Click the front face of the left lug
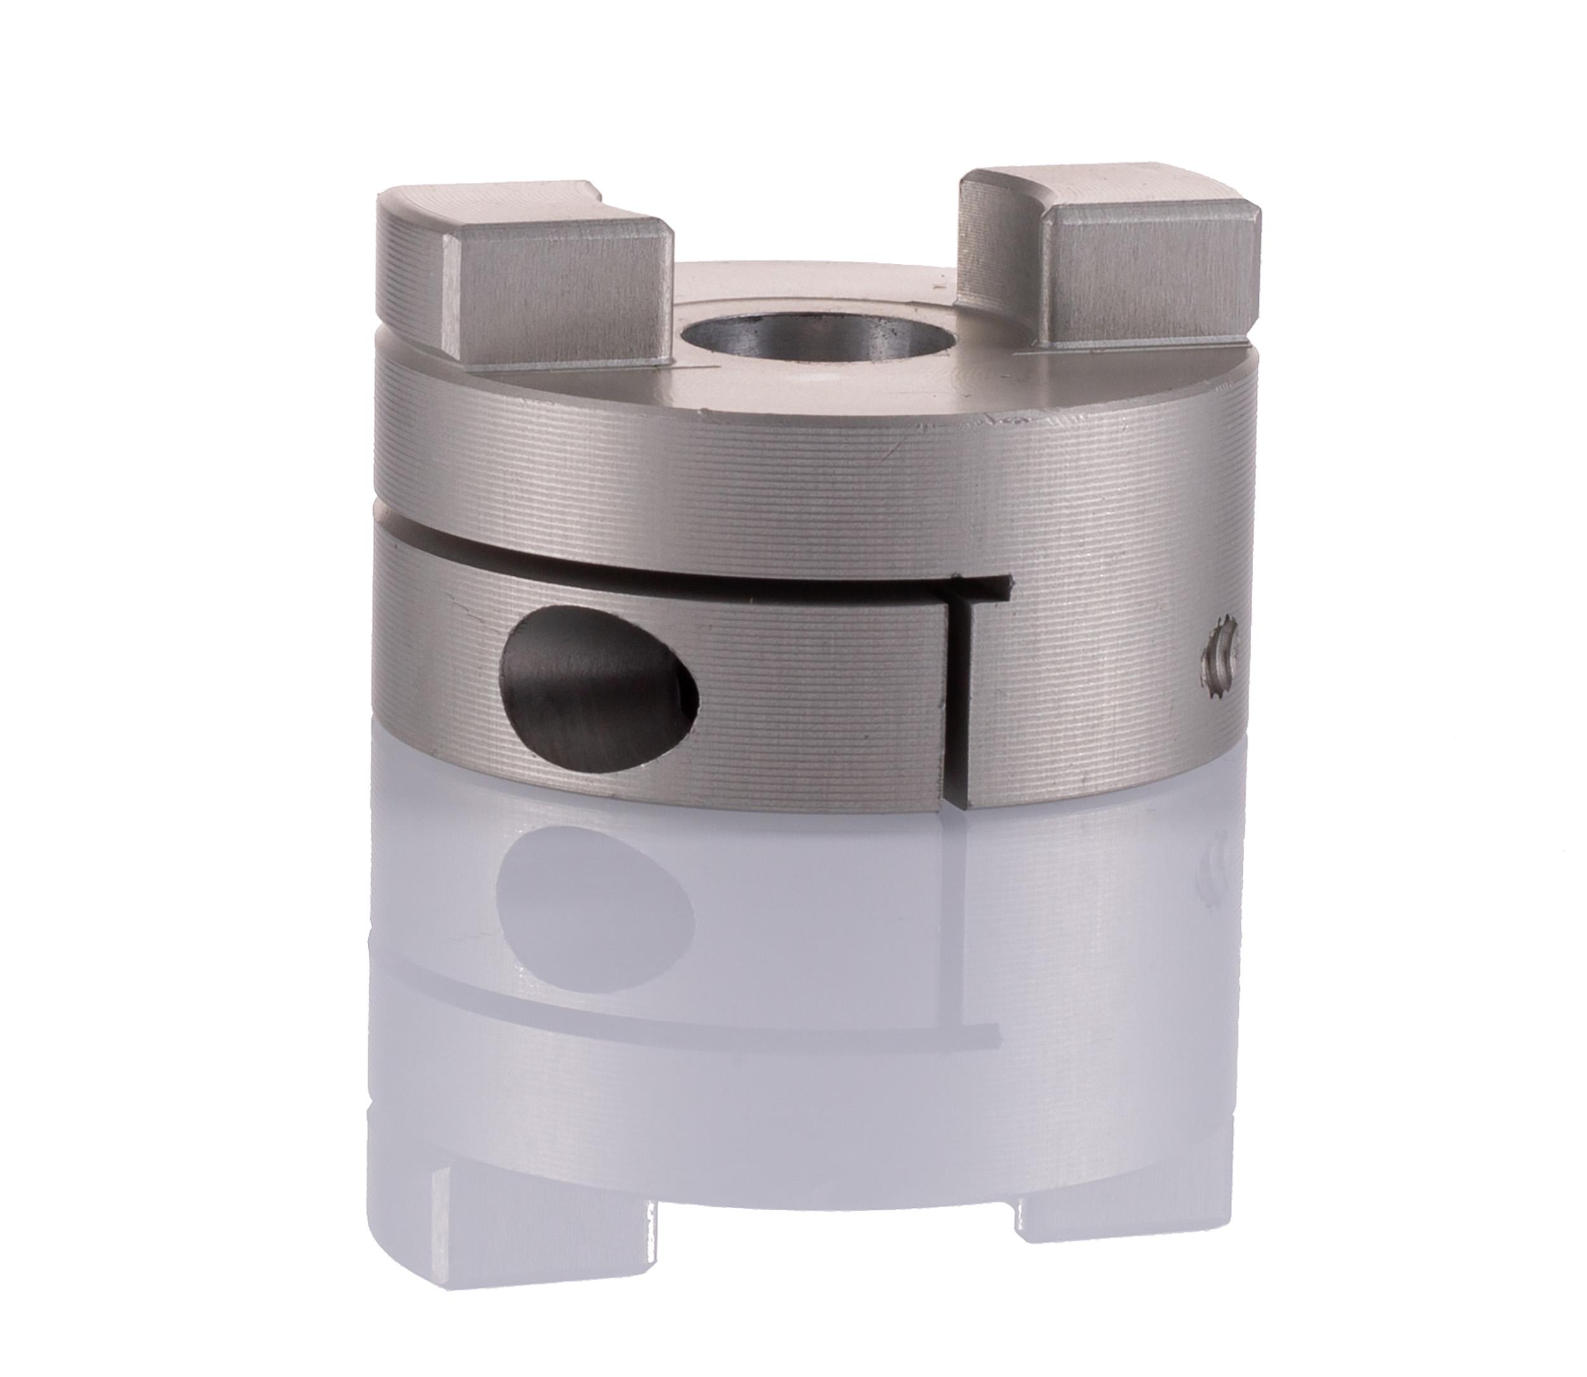[553, 300]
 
